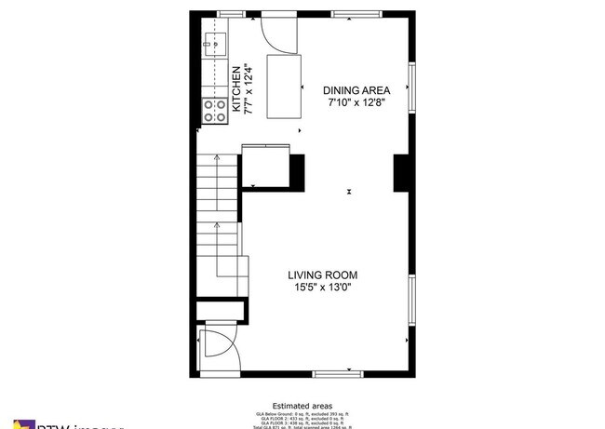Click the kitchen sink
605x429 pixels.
point(216,44)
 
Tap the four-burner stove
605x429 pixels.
point(216,111)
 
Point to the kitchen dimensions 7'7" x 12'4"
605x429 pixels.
point(248,88)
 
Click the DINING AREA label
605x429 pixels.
point(356,90)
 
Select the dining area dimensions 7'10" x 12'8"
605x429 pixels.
point(356,103)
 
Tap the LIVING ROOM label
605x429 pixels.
point(322,275)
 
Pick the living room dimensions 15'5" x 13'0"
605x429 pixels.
point(322,288)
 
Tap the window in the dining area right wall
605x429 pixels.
point(410,87)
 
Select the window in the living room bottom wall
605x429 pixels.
point(337,373)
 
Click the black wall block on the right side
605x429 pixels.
point(403,173)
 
